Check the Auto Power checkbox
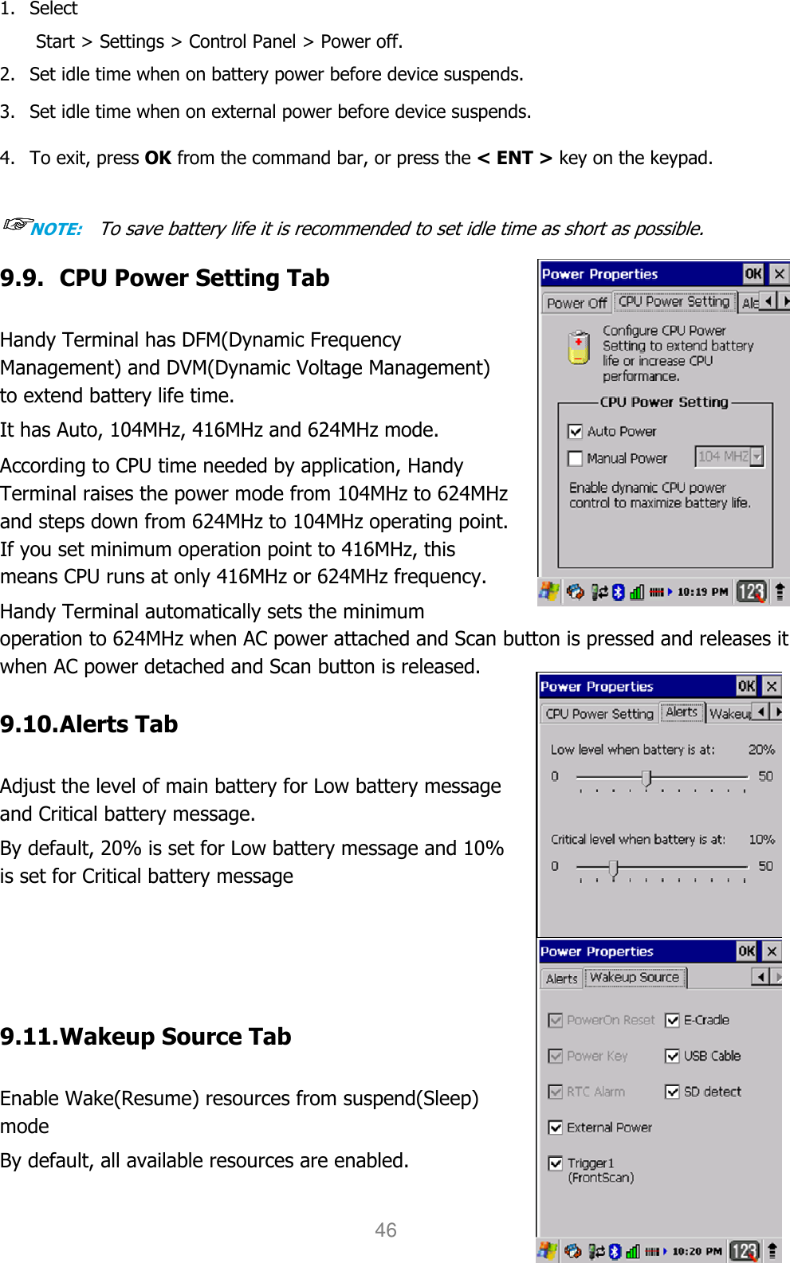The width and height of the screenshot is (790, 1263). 575,432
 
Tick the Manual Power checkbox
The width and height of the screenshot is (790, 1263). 575,459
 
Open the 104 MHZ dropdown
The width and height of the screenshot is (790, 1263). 757,457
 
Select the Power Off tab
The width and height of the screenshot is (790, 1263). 576,304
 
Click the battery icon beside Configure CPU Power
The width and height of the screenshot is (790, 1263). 579,348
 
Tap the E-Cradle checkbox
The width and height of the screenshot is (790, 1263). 672,1021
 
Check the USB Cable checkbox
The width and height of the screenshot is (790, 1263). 672,1057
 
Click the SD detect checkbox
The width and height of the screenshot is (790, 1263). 672,1092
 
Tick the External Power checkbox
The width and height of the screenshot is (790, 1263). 556,1128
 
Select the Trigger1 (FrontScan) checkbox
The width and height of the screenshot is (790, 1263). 556,1164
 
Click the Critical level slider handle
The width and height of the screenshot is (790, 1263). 613,868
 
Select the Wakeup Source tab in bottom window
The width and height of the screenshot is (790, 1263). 635,978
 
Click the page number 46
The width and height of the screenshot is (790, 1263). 386,1230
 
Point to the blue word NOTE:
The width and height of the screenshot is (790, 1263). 57,229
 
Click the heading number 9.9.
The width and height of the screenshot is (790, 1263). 22,278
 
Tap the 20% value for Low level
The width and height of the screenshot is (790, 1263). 761,750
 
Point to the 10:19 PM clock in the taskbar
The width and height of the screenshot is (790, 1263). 702,592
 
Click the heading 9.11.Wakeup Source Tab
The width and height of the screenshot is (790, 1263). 146,1037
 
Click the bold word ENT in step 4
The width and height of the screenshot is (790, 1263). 514,158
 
